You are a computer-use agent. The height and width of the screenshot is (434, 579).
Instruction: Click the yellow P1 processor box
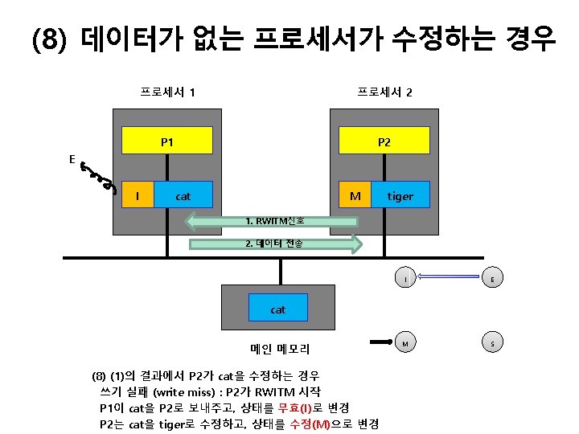167,142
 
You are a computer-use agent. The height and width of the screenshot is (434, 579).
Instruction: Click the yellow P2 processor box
384,142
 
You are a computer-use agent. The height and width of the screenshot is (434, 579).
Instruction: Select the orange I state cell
138,195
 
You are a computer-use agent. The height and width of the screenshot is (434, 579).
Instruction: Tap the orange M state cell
354,195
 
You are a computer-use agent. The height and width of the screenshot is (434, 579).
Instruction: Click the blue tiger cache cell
400,195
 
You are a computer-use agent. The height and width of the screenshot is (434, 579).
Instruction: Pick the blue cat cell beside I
183,195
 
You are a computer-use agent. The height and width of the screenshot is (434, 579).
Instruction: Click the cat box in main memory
278,309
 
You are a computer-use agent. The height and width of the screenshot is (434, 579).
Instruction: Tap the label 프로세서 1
166,92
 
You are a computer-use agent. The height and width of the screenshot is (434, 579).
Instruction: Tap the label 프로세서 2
384,92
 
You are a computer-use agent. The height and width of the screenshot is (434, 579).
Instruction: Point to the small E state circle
492,279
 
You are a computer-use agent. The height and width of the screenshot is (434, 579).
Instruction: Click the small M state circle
406,342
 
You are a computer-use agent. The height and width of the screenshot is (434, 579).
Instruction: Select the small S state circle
492,342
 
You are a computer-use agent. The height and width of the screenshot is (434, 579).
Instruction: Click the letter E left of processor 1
72,159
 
